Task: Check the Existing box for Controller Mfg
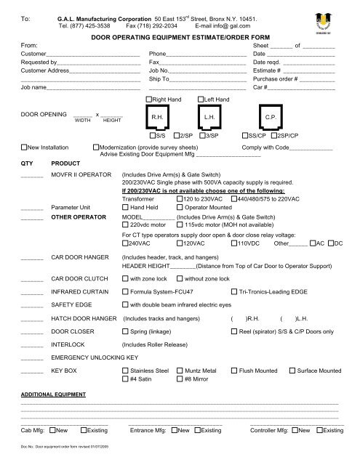point(318,431)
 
